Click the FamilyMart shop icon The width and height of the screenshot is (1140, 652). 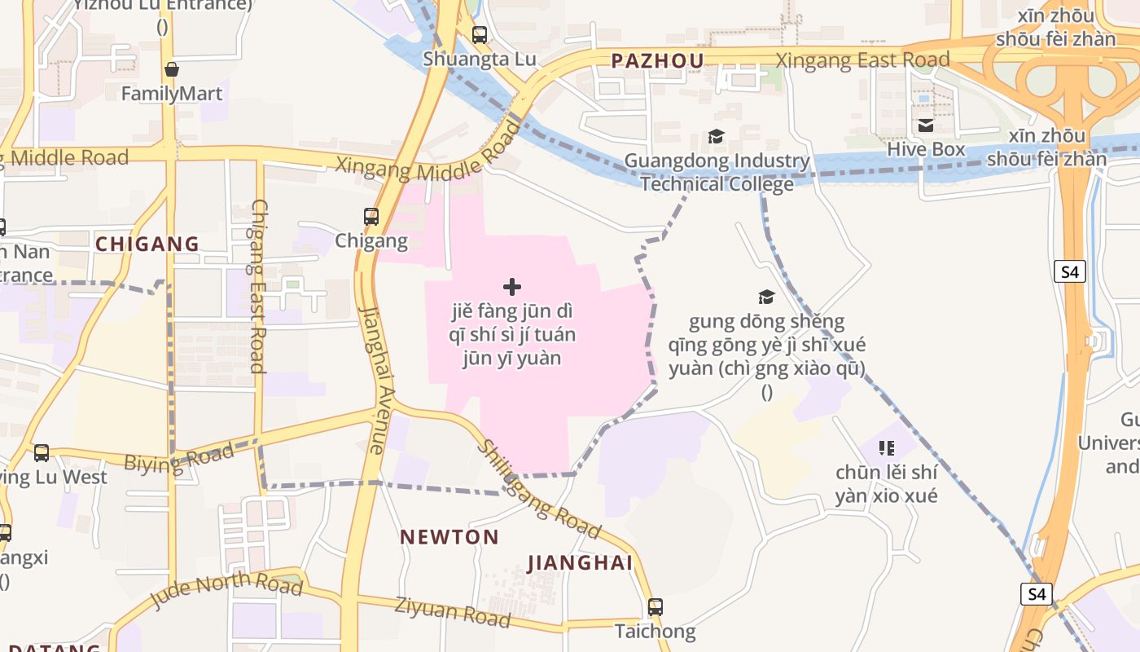point(171,70)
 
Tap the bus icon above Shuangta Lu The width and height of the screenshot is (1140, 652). point(480,35)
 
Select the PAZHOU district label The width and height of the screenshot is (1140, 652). point(657,60)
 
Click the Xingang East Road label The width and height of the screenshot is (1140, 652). point(862,60)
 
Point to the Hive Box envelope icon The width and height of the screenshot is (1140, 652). point(926,126)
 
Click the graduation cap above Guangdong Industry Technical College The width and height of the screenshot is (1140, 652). point(716,137)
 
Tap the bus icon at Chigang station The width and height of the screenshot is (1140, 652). point(371,217)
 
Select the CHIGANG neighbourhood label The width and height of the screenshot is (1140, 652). point(147,244)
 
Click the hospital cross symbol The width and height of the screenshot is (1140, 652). point(512,287)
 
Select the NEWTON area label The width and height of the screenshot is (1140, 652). point(449,537)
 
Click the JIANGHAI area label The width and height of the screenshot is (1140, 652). point(580,563)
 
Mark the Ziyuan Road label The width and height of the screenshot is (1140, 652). point(453,612)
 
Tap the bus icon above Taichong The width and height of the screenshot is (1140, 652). point(655,607)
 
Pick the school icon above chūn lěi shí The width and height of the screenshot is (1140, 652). point(887,447)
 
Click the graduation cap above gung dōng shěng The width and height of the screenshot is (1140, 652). point(766,297)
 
